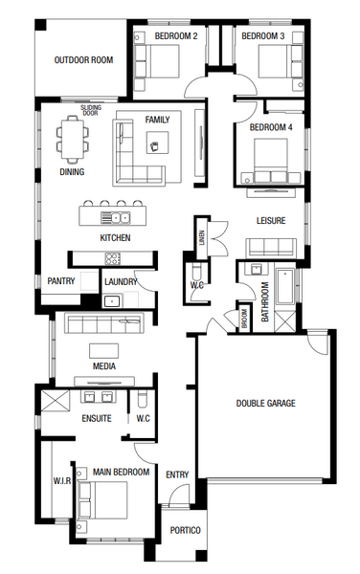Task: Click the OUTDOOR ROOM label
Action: [83, 59]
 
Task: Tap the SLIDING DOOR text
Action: [90, 111]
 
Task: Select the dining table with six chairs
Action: [72, 139]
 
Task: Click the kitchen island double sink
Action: [115, 218]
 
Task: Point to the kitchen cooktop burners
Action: [113, 258]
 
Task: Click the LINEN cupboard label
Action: [202, 237]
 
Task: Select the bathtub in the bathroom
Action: [285, 287]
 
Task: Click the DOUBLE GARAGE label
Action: [265, 403]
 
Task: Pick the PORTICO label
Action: [186, 530]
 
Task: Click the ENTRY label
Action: [177, 475]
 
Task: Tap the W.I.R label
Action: [62, 480]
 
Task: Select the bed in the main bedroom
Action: [102, 499]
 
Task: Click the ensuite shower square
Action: [55, 401]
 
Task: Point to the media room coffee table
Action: [104, 350]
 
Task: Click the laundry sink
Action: [112, 301]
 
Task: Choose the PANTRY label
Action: [61, 281]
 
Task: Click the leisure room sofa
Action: [271, 248]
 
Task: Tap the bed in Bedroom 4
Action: [271, 161]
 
